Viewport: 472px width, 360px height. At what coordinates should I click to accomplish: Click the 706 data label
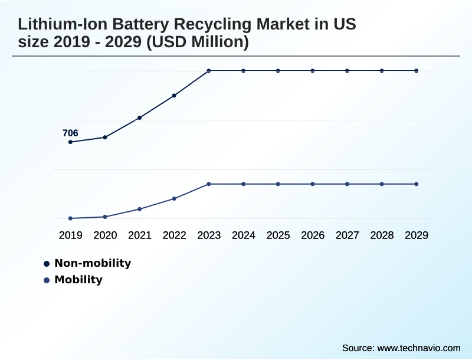click(x=70, y=133)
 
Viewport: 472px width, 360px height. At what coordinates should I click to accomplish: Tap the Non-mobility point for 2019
click(x=70, y=142)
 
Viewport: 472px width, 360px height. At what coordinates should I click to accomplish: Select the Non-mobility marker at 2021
click(x=140, y=118)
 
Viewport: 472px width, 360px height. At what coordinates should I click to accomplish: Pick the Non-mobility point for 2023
click(x=209, y=71)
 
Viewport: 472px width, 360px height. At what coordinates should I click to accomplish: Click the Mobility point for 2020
click(x=105, y=217)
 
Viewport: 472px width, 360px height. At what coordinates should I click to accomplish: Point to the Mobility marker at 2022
click(x=174, y=198)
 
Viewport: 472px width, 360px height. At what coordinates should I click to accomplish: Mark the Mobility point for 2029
click(x=417, y=184)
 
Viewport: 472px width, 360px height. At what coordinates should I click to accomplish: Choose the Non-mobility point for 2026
click(x=313, y=71)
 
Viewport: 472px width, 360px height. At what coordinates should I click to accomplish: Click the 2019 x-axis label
click(x=70, y=235)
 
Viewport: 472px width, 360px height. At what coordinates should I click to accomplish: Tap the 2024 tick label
click(x=243, y=235)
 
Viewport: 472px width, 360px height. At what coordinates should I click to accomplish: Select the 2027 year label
click(x=347, y=235)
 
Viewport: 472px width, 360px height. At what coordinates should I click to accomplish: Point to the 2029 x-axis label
click(x=417, y=235)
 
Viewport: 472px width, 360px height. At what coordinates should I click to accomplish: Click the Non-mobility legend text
click(x=93, y=263)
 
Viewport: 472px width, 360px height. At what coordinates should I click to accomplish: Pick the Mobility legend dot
click(x=47, y=280)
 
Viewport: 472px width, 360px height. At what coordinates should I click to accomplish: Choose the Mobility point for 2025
click(x=278, y=184)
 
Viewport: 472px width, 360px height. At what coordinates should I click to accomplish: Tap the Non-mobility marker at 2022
click(x=174, y=96)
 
